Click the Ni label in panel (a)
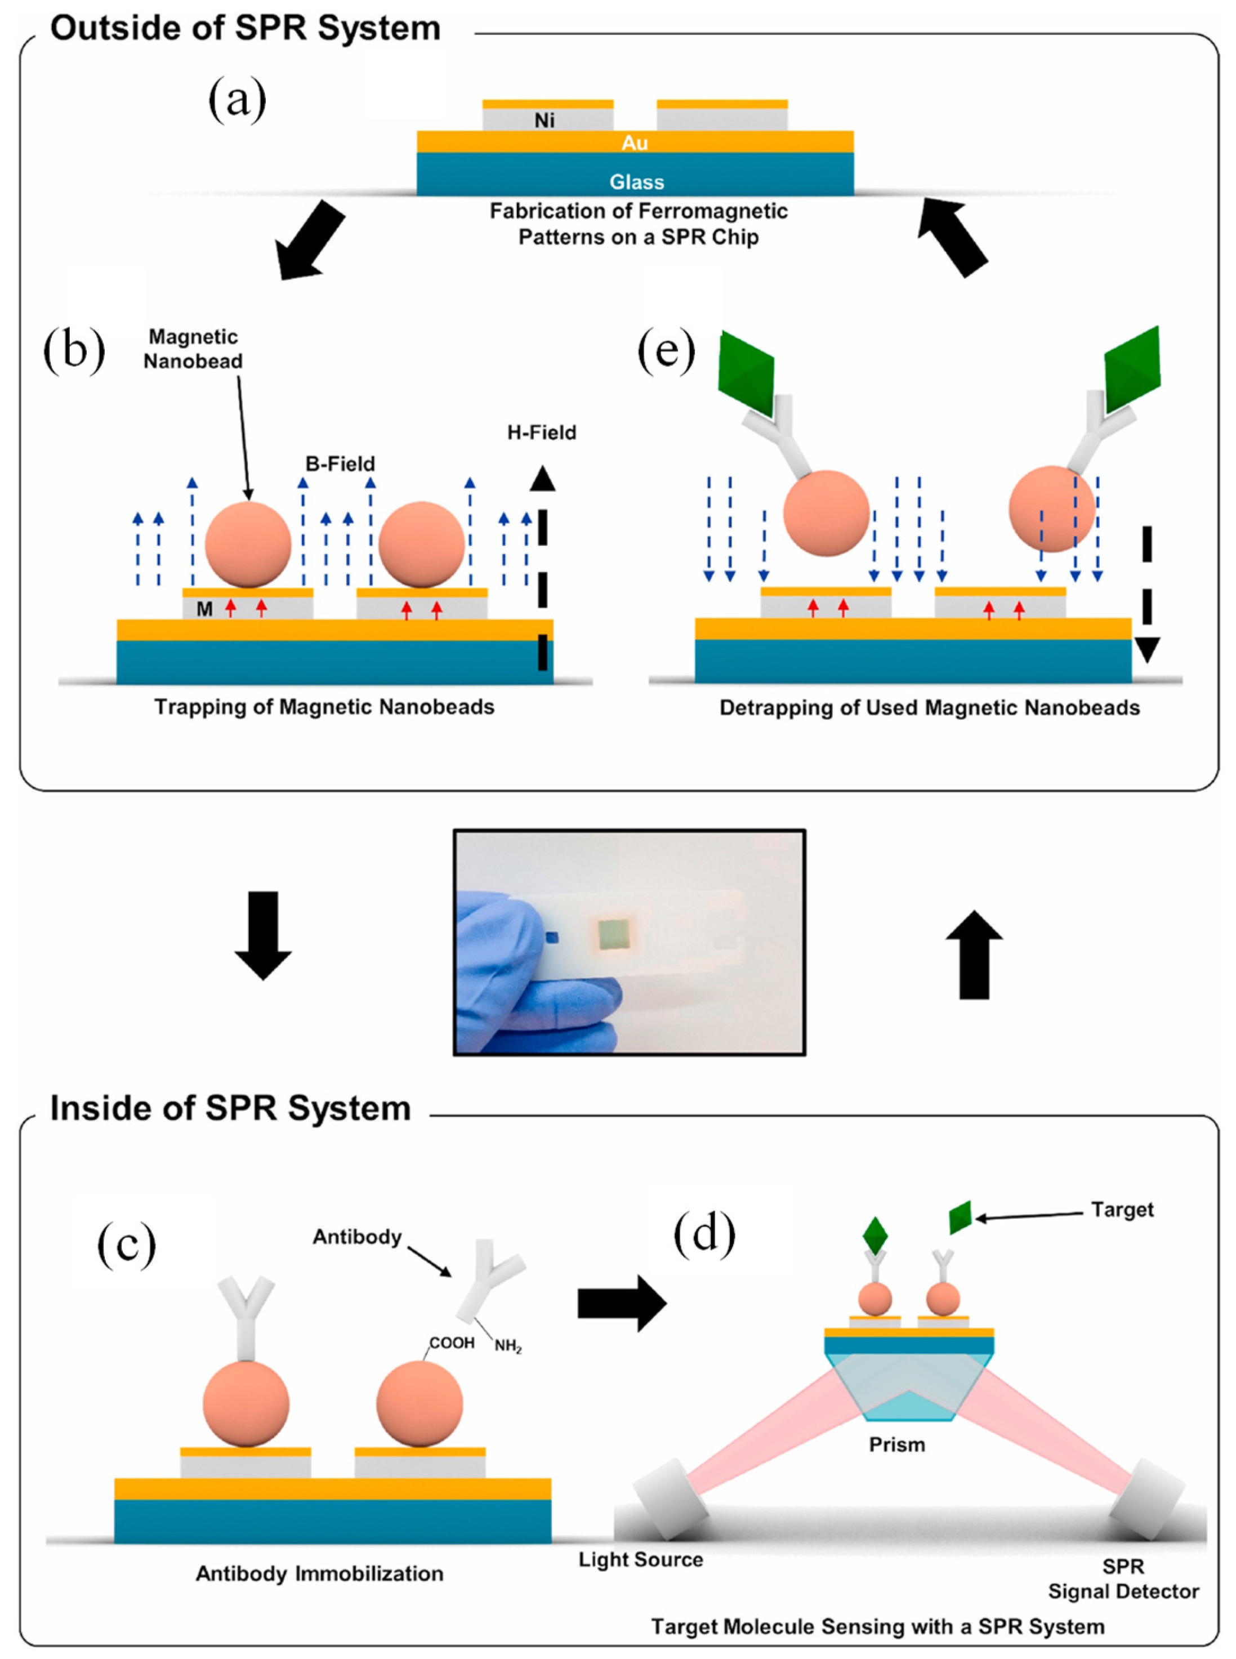544,121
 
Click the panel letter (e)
666,350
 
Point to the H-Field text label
541,432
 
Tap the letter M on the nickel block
204,609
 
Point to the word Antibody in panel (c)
357,1237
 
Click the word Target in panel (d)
1122,1209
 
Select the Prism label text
896,1444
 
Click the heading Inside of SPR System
230,1108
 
